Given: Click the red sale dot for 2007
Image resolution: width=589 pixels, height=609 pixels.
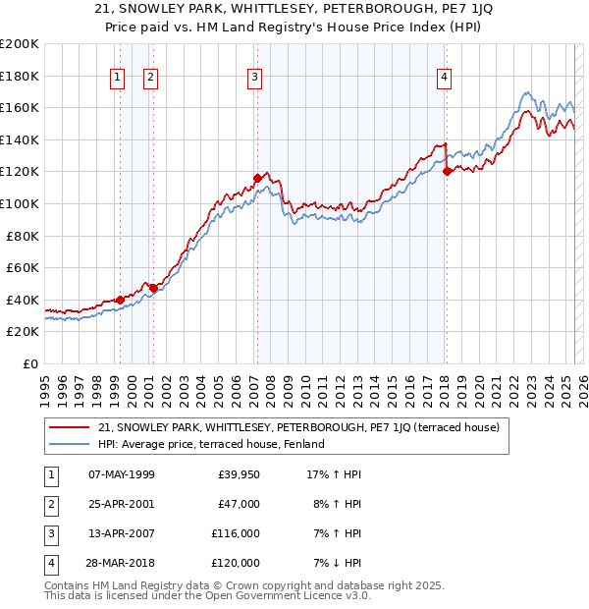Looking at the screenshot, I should tap(256, 178).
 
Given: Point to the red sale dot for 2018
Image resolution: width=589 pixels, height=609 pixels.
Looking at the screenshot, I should tap(447, 171).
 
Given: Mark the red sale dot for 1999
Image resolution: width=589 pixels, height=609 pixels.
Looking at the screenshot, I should tap(120, 300).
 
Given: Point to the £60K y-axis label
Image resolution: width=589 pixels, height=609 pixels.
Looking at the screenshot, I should tap(23, 267).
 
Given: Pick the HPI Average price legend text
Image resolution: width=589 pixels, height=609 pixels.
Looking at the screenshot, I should tap(211, 444).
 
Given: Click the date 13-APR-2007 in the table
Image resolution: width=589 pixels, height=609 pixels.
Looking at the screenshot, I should tap(122, 534).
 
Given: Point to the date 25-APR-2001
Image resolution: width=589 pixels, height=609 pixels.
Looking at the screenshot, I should tap(122, 505).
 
